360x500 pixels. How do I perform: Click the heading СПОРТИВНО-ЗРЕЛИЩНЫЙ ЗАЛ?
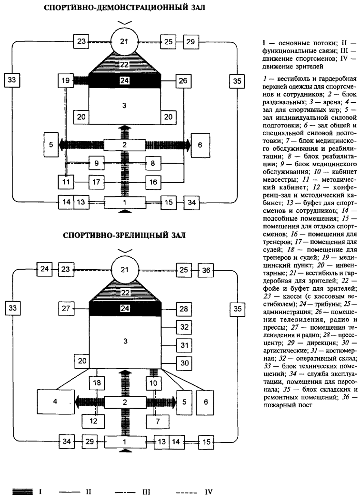[x=124, y=235]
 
